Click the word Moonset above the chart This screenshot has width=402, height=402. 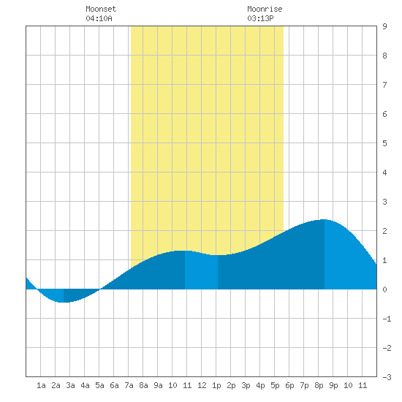point(101,9)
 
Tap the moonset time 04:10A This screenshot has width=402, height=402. point(99,18)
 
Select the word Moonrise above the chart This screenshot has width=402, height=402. point(265,9)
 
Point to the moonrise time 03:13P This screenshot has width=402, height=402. point(260,18)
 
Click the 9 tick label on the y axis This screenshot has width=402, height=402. point(384,26)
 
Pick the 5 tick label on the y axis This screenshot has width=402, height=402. point(384,143)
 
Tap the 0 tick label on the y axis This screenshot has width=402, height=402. point(384,289)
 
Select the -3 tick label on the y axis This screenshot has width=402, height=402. point(387,377)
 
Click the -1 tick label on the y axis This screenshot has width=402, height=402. point(387,319)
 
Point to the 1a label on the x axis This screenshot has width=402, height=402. point(41,385)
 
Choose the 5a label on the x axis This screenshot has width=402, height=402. point(99,385)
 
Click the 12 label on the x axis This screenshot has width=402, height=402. point(202,385)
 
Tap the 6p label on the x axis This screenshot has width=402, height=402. point(289,385)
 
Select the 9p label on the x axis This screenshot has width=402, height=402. point(333,385)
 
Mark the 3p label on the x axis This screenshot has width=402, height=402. point(246,385)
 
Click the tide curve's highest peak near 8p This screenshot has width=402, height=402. point(325,220)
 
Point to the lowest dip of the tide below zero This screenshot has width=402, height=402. point(63,303)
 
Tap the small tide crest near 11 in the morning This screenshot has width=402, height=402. point(183,251)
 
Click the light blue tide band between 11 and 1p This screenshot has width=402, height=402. point(201,271)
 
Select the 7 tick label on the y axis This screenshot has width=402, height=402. point(384,85)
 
